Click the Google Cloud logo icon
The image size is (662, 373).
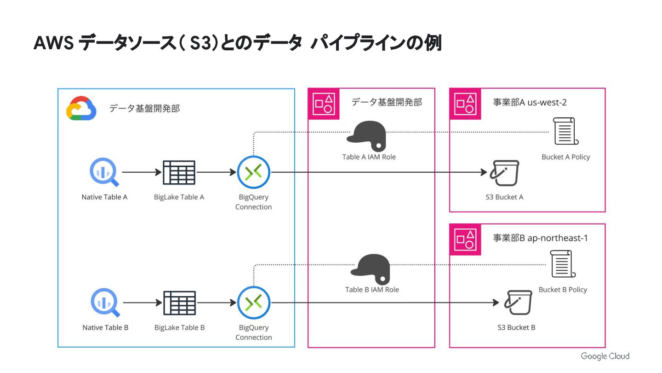(81, 108)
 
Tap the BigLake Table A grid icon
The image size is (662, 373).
(179, 173)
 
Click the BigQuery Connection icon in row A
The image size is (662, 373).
(254, 172)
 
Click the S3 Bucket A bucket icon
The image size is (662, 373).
(504, 173)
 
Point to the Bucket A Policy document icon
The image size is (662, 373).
(565, 131)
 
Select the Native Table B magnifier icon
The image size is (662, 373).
(105, 303)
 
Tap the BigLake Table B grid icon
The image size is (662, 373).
(180, 303)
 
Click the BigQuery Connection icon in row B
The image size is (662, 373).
(254, 303)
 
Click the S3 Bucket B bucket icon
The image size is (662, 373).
(518, 303)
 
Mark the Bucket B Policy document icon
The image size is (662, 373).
(563, 264)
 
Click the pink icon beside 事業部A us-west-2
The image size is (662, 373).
(465, 104)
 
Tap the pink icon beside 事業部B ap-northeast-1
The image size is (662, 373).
(465, 239)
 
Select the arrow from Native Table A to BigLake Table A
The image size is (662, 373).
(142, 172)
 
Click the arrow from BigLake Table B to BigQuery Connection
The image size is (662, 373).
(217, 303)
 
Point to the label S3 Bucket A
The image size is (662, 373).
(504, 197)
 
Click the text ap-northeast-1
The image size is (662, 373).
(558, 238)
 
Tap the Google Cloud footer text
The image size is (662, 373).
(605, 356)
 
